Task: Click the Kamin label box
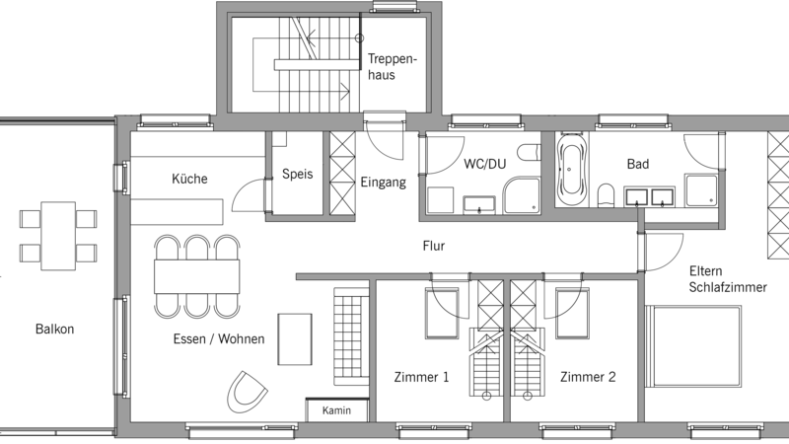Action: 336,410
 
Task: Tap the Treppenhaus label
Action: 392,67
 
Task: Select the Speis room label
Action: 298,175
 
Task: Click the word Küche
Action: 189,179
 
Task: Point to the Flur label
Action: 434,246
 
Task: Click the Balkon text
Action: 54,329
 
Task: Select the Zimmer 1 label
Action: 421,377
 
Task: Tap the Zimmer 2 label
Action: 588,377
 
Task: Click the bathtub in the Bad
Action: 572,169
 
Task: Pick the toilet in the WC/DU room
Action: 529,153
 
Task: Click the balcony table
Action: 58,236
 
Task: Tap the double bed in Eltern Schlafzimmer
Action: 693,346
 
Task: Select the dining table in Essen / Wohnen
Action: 196,276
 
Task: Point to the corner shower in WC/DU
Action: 522,195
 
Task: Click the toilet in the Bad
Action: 607,195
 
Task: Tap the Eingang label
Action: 383,183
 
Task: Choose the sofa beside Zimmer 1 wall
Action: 351,335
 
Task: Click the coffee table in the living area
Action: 295,339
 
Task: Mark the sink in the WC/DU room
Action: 479,205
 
